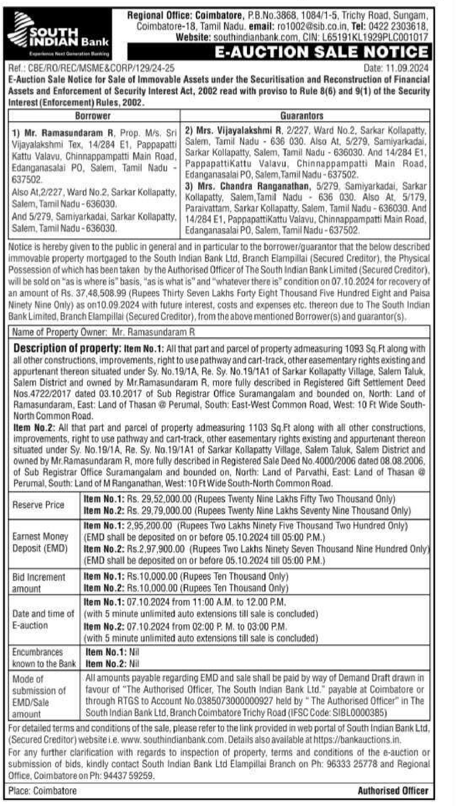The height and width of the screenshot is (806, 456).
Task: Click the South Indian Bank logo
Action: tap(59, 34)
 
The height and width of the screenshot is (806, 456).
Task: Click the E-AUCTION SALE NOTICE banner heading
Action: tap(321, 52)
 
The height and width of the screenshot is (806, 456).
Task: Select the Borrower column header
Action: tap(93, 116)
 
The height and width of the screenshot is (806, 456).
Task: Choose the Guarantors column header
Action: tap(302, 116)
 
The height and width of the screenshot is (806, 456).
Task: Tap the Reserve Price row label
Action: tap(38, 505)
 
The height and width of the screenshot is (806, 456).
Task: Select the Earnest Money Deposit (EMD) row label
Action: tap(40, 542)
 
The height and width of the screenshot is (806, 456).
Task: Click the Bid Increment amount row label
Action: tap(39, 582)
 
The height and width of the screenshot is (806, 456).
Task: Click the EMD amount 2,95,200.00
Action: tap(149, 526)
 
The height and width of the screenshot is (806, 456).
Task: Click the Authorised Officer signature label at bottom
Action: tap(393, 791)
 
